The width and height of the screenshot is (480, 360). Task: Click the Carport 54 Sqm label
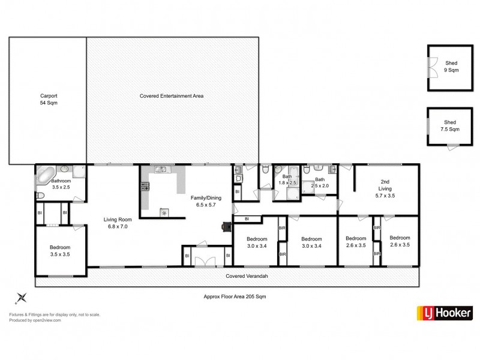click(49, 99)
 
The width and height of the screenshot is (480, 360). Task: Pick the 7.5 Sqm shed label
click(451, 127)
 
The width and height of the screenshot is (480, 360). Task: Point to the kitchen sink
click(161, 169)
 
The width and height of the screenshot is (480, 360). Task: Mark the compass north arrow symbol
click(22, 296)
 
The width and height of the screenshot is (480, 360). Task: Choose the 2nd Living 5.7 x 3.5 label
click(385, 188)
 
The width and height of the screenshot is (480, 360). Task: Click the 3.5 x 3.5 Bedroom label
click(60, 250)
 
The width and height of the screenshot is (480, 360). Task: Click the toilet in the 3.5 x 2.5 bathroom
click(41, 196)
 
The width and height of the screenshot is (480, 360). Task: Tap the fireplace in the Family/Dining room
click(226, 227)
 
